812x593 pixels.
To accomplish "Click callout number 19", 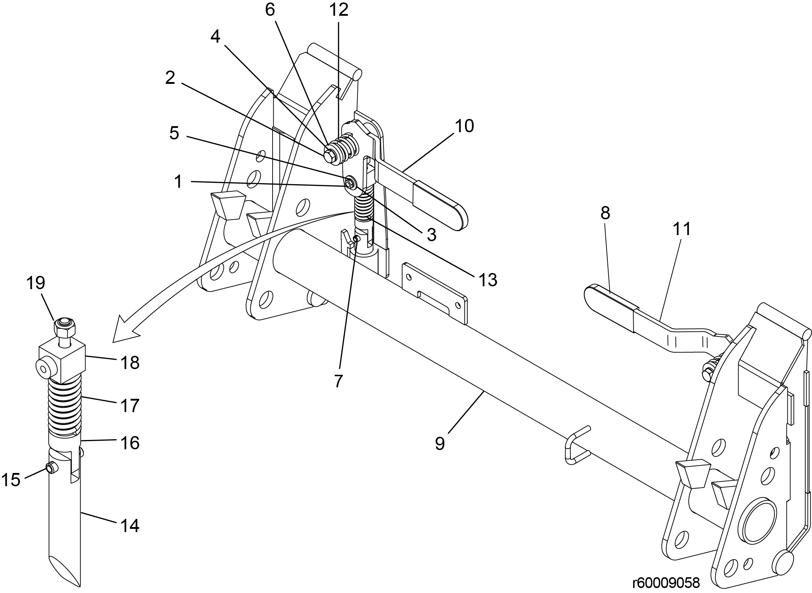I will click(36, 283).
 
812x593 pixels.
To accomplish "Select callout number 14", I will click(130, 526).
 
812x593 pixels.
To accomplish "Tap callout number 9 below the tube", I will click(440, 444).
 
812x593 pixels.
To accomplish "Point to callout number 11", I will click(682, 229).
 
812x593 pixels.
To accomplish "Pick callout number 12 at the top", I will click(339, 10).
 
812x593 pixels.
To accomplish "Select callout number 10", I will click(464, 126).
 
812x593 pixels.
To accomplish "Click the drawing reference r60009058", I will click(666, 583).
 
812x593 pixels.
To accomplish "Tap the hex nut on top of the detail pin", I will click(64, 326).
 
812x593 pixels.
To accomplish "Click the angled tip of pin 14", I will click(64, 571).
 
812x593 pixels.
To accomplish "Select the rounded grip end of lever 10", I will click(457, 215).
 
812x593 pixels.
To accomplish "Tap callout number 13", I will click(487, 280).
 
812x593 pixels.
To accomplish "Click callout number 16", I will click(130, 444).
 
